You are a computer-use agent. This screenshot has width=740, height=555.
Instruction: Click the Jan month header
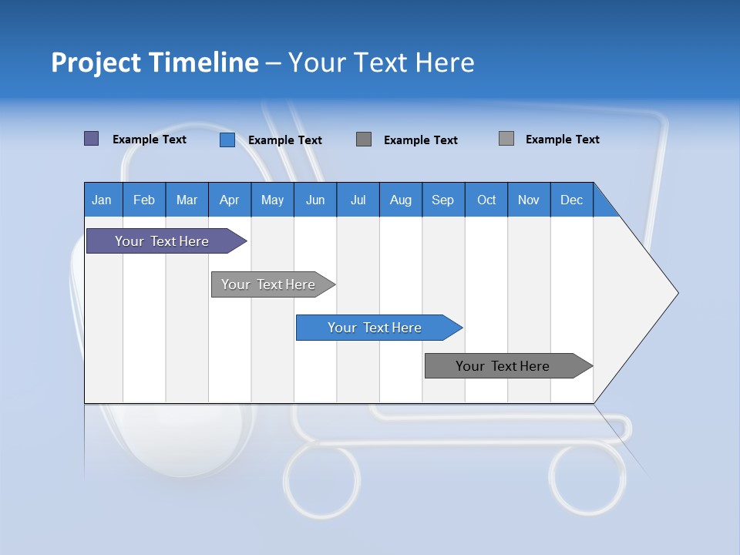[x=103, y=200]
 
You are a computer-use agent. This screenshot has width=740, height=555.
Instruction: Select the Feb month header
[x=144, y=200]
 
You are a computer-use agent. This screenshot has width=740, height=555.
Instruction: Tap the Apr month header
[x=230, y=200]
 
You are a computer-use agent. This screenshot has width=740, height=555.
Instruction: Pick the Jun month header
[x=315, y=200]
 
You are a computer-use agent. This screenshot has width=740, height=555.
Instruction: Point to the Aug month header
[x=401, y=200]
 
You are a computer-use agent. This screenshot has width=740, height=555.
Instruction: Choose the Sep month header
[x=443, y=200]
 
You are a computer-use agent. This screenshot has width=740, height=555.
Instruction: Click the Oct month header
[x=486, y=200]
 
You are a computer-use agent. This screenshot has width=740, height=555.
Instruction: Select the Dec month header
[x=572, y=200]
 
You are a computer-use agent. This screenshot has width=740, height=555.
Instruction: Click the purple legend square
[x=91, y=139]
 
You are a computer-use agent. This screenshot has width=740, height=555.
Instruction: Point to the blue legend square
[x=227, y=140]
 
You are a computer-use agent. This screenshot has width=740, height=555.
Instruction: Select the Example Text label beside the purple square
[x=150, y=140]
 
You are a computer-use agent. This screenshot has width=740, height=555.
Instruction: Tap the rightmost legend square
[x=506, y=139]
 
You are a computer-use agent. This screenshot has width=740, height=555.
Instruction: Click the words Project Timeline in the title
[x=155, y=62]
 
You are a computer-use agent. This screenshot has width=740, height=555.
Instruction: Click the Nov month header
[x=529, y=200]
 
